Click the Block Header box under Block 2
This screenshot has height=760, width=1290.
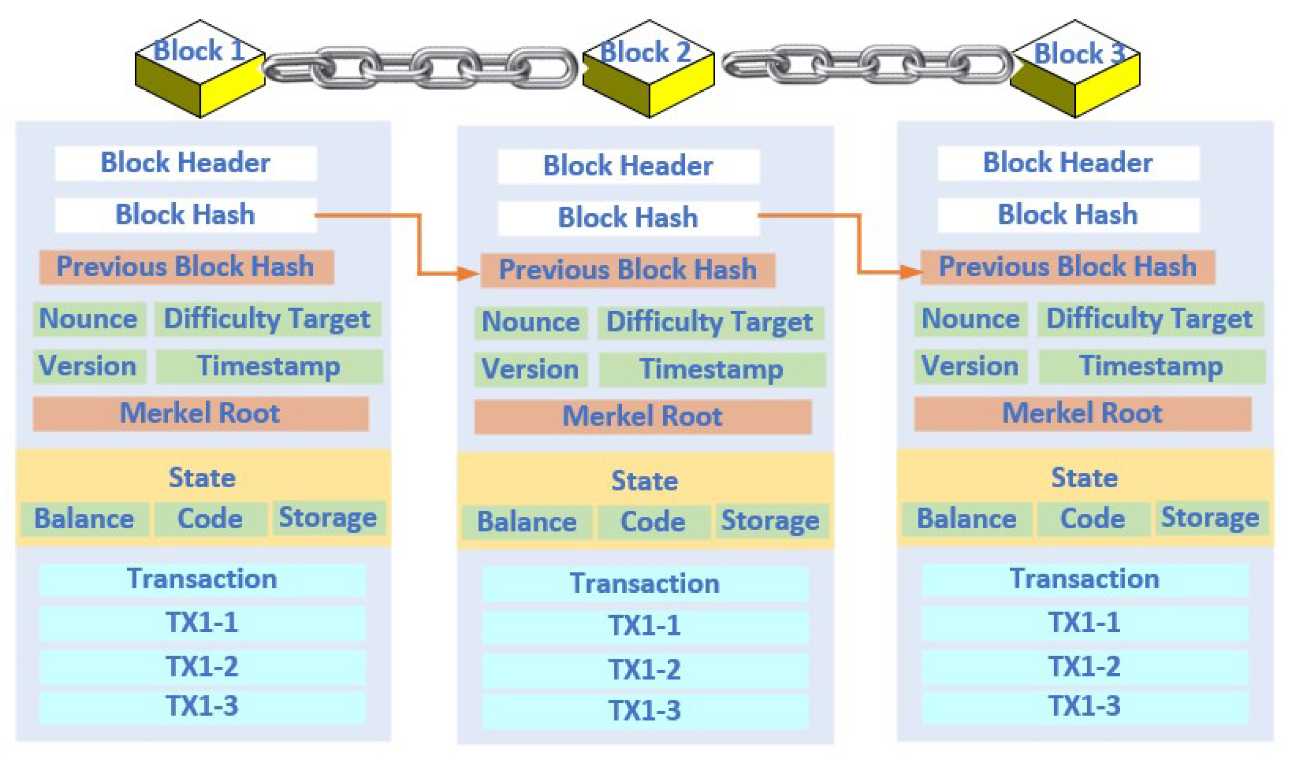[x=628, y=166]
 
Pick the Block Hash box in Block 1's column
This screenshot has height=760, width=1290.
[x=186, y=215]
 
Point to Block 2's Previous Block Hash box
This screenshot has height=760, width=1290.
[x=628, y=270]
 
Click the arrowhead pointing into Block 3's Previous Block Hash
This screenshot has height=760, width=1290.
[x=911, y=271]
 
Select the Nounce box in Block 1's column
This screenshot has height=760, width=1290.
[x=89, y=319]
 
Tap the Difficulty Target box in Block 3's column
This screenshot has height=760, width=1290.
[x=1150, y=319]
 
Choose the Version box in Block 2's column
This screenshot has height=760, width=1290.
[x=530, y=369]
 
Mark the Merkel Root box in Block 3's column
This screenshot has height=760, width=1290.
[x=1082, y=413]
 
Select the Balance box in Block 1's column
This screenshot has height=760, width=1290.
[x=84, y=519]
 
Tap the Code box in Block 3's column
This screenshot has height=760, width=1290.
[x=1093, y=519]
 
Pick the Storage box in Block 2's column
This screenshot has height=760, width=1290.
[x=771, y=521]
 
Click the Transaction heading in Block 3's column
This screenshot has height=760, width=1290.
[x=1085, y=579]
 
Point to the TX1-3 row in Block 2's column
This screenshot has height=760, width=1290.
[x=645, y=711]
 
